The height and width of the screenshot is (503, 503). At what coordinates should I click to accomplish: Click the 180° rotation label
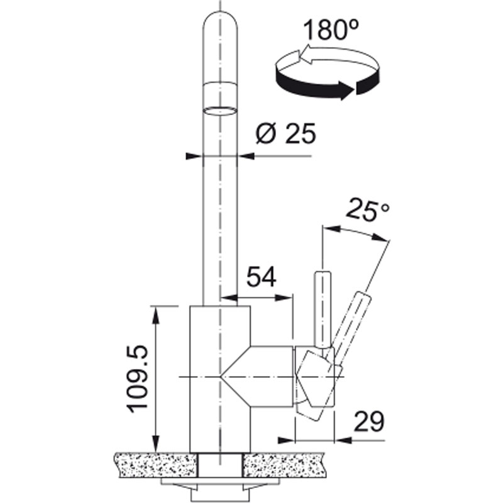331,29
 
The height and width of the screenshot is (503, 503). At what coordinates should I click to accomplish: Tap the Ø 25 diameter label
286,133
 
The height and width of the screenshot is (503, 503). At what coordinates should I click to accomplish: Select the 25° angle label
368,210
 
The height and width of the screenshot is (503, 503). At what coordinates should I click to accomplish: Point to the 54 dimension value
262,277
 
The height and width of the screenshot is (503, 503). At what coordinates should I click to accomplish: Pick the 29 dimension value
368,421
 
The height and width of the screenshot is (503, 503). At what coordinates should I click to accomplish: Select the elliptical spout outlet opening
221,111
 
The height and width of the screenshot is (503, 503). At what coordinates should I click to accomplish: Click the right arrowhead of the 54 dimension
284,297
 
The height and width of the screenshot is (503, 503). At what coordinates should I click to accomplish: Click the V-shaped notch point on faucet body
221,376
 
